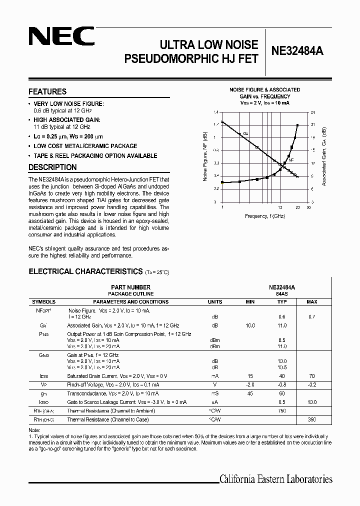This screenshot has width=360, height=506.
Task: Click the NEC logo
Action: point(61,37)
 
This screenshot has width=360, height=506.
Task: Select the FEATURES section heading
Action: point(47,92)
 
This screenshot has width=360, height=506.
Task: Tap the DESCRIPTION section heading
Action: point(52,167)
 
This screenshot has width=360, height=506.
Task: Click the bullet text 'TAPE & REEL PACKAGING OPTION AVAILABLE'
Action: point(95,155)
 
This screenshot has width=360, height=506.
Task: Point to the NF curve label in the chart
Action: point(291,160)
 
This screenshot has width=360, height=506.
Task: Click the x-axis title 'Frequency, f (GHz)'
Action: point(265,216)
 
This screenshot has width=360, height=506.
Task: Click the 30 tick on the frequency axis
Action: point(308,206)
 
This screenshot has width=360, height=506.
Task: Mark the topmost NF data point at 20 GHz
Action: point(298,125)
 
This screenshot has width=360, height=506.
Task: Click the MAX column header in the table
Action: point(311,302)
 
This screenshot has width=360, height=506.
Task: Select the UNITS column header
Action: point(215,302)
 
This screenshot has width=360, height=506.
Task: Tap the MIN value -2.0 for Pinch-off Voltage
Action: point(250,385)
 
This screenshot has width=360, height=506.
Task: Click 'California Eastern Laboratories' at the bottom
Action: point(276,479)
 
